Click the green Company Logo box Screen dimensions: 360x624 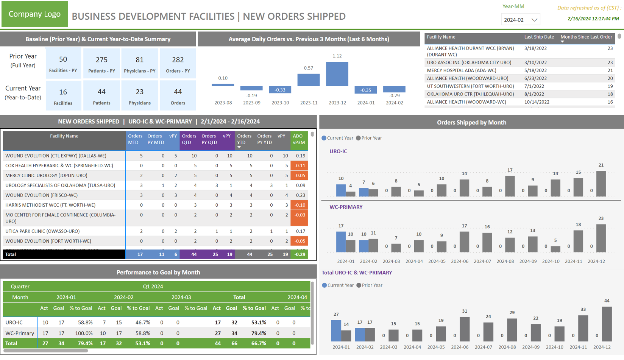click(34, 14)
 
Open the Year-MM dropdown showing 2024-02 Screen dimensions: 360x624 click(520, 20)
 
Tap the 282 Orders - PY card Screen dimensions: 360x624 click(178, 64)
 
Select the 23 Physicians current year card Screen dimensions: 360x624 click(139, 96)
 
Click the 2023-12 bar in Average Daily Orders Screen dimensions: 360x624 click(337, 74)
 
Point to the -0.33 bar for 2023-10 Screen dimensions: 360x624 click(280, 90)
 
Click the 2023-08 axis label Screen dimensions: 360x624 click(223, 103)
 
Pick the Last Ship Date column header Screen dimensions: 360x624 click(539, 37)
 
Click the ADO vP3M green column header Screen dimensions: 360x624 click(298, 139)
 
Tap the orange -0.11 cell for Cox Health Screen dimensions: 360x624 click(299, 165)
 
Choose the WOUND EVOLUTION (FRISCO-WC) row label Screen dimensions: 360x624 click(42, 195)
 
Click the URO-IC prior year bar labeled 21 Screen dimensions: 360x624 click(601, 184)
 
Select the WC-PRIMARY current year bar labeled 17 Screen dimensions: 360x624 click(341, 242)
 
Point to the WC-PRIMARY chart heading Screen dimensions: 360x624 click(346, 207)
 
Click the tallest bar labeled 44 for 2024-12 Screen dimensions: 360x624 click(607, 324)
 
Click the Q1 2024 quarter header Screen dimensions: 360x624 click(153, 287)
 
